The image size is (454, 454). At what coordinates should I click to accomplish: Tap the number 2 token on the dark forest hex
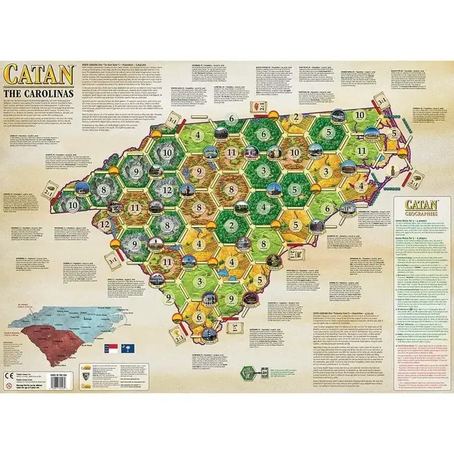coord(230,226)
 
